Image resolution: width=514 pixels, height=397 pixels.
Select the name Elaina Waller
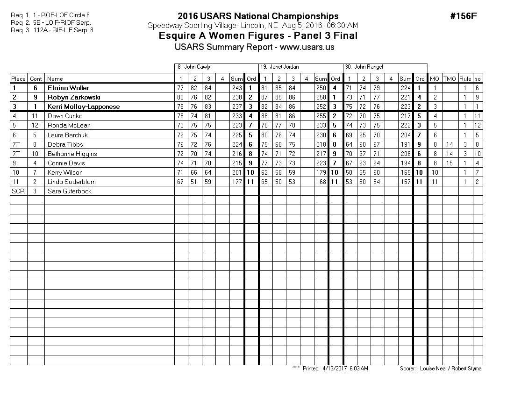(x=68, y=88)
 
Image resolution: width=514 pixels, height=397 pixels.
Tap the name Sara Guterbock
(x=70, y=191)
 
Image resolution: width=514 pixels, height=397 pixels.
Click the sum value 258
(x=321, y=97)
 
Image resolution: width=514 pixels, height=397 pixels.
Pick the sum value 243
(x=236, y=88)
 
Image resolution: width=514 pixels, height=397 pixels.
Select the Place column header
(x=19, y=79)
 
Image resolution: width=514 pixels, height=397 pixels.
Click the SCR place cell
(x=18, y=191)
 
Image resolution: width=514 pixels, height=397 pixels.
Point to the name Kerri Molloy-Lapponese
(x=84, y=106)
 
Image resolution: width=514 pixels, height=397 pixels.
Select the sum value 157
(x=405, y=182)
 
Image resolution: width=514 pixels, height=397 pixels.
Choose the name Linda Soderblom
(x=71, y=182)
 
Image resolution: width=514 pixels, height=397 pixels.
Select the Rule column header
(x=465, y=79)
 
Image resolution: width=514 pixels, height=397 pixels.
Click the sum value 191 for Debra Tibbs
(x=405, y=144)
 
